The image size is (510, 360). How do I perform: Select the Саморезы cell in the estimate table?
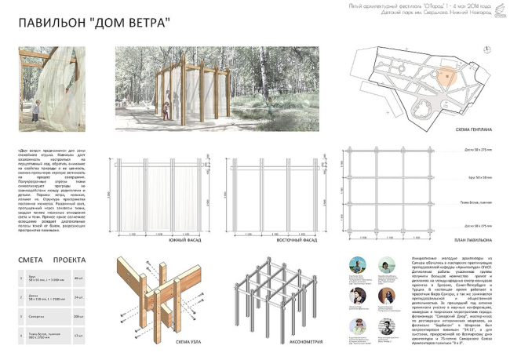36,316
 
